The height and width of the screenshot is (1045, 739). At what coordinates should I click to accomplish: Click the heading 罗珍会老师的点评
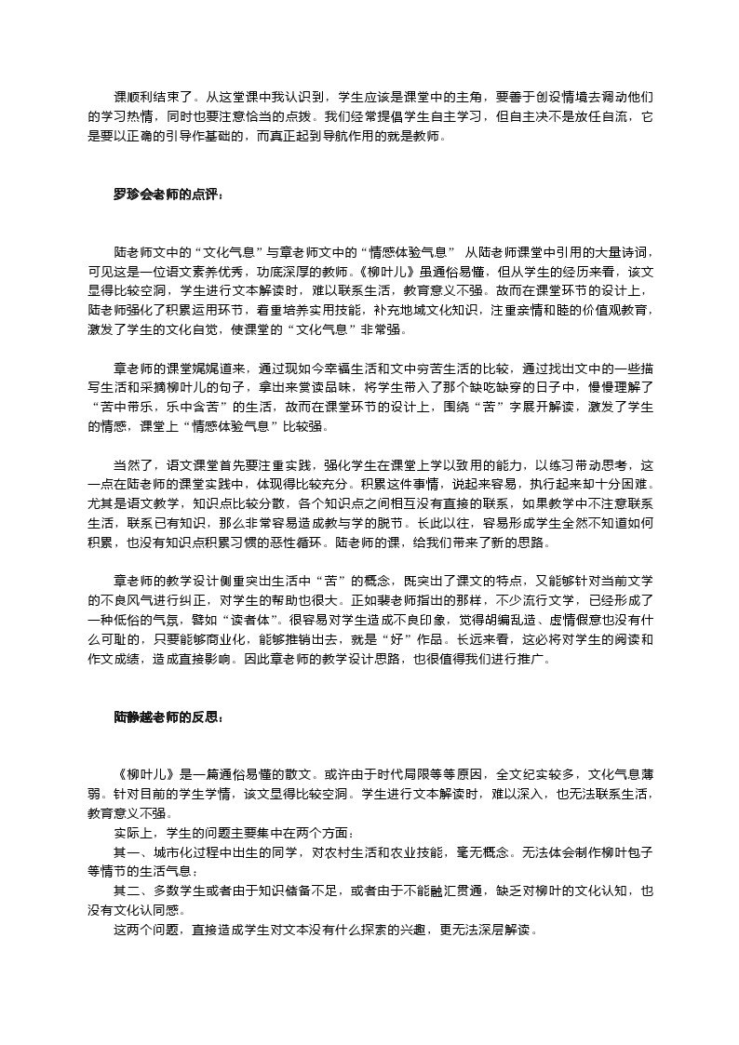[x=168, y=194]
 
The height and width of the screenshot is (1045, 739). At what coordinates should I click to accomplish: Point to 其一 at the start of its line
[x=125, y=851]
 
